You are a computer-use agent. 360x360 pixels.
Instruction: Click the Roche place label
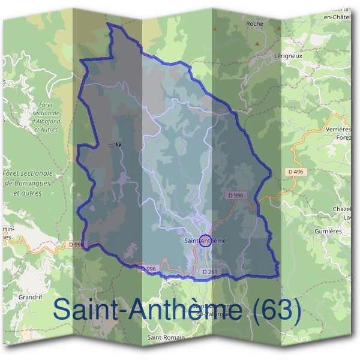(254, 23)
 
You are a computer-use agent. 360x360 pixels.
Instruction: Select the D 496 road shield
(295, 172)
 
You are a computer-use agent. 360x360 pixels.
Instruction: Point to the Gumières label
(328, 230)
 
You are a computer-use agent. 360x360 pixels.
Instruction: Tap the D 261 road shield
(209, 272)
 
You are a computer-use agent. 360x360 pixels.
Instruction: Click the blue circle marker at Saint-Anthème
(205, 241)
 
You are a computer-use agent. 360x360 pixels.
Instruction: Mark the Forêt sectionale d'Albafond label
(43, 116)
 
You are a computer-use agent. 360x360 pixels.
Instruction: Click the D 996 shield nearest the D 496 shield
(236, 196)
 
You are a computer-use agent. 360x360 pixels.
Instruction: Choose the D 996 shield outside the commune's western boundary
(76, 244)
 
